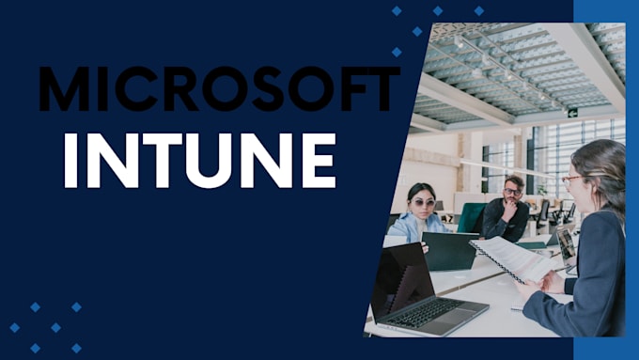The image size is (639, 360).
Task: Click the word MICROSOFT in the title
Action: coord(219,90)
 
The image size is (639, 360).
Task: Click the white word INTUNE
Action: coord(199,161)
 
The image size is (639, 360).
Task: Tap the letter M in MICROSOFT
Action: coord(61,90)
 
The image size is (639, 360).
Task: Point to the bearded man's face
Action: coord(512,193)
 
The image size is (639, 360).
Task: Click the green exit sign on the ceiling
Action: coord(572,112)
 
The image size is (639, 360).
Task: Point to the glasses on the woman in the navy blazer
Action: coord(571,179)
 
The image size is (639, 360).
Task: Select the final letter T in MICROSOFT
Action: coord(380,90)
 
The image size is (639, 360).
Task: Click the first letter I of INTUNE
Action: coord(70,161)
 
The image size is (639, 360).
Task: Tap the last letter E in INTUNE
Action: coord(318,161)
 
